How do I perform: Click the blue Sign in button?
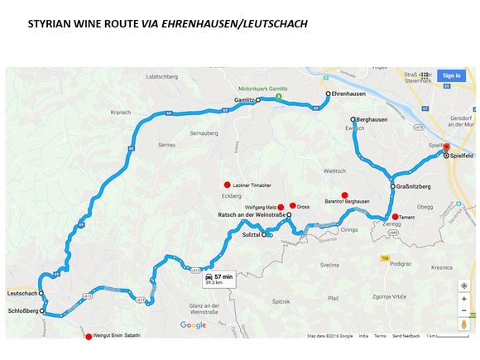(451, 75)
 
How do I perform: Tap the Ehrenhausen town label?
(348, 94)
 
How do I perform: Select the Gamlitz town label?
(242, 99)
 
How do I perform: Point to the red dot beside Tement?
(395, 217)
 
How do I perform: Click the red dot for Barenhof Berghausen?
(344, 195)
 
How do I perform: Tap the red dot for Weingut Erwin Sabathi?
(89, 337)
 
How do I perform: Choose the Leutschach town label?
(22, 294)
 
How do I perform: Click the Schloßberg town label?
(22, 312)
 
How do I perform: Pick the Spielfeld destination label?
(462, 155)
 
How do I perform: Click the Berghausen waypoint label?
(371, 120)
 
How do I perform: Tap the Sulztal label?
(249, 235)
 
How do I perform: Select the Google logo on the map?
(194, 325)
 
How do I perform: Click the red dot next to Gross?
(292, 205)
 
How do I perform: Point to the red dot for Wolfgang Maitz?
(281, 206)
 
